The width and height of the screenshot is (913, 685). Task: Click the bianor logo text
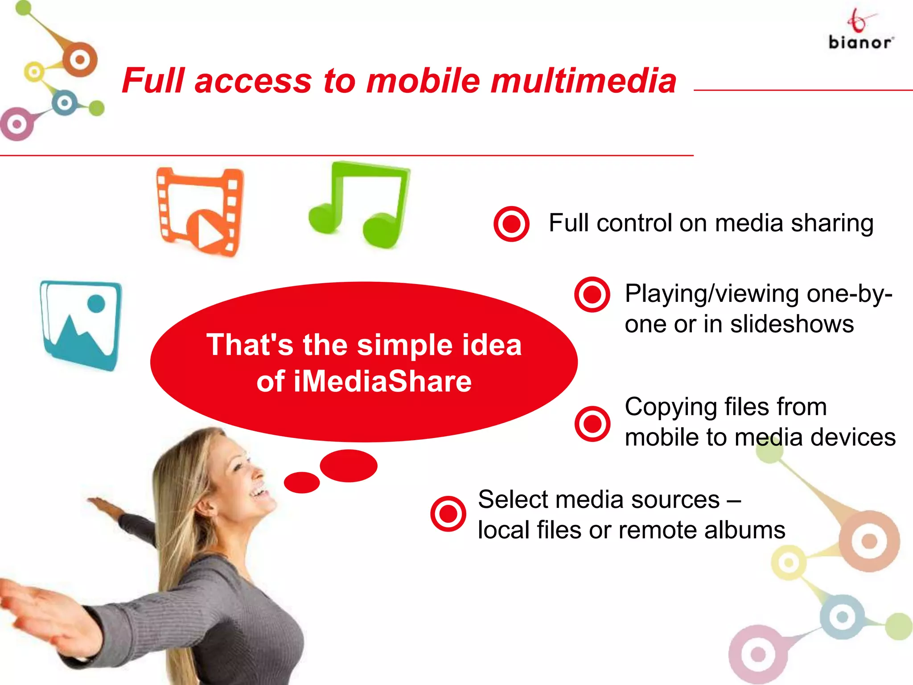[x=860, y=43]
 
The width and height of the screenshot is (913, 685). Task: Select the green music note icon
[x=359, y=205]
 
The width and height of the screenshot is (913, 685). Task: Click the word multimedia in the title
[x=584, y=81]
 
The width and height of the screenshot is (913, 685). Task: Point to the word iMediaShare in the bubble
[x=382, y=382]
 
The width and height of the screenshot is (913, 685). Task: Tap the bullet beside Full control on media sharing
[x=511, y=224]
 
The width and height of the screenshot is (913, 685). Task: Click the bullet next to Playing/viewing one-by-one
[x=592, y=294]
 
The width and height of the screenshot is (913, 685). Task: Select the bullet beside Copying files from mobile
[x=592, y=423]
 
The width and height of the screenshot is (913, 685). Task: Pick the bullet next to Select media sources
[x=448, y=514]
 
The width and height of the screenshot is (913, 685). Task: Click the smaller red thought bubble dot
[x=302, y=482]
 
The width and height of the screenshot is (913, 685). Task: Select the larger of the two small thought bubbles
[x=349, y=466]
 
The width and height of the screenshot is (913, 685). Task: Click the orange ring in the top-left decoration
[x=80, y=59]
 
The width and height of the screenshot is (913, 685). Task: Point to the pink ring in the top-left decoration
[x=17, y=124]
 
